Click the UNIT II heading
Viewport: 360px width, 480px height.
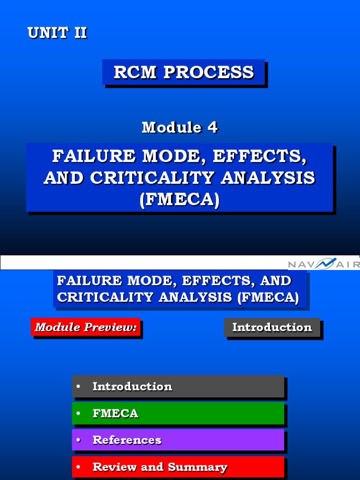(x=57, y=33)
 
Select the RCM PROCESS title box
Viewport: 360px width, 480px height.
(x=184, y=72)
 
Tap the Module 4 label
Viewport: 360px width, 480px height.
(x=180, y=127)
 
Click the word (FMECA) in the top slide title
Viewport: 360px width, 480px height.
(x=180, y=200)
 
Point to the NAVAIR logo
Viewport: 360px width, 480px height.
(x=323, y=264)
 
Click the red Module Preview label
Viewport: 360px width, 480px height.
(x=86, y=327)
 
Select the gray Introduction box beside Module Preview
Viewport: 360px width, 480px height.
(x=272, y=327)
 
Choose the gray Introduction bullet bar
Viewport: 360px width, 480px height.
(x=178, y=387)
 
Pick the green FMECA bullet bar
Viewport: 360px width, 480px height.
(x=178, y=413)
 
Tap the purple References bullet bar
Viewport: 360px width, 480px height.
(x=178, y=440)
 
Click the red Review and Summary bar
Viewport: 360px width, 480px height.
(x=178, y=467)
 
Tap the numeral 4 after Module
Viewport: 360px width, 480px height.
(x=212, y=127)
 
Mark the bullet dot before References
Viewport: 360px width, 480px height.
(x=78, y=440)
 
